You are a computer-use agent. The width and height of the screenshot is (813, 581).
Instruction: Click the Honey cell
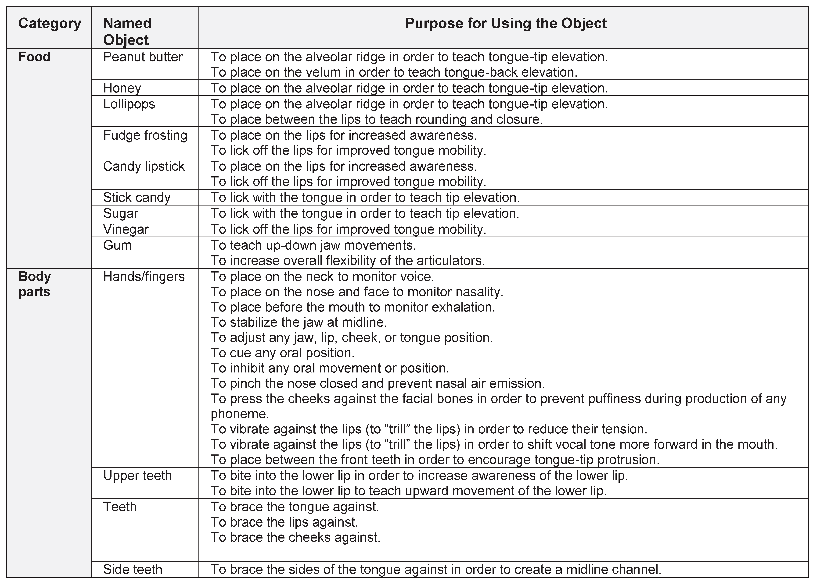click(x=122, y=88)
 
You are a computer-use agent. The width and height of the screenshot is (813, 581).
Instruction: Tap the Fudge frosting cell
click(x=145, y=135)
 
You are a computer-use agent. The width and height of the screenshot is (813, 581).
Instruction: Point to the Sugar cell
click(x=121, y=213)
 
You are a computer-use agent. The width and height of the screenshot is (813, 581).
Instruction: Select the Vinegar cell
click(x=126, y=229)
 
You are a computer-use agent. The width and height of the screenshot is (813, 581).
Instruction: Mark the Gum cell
click(x=117, y=245)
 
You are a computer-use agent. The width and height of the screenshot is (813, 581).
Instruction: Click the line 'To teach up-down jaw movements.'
click(x=313, y=245)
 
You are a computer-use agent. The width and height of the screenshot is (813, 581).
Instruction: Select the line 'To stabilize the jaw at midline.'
click(x=299, y=322)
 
